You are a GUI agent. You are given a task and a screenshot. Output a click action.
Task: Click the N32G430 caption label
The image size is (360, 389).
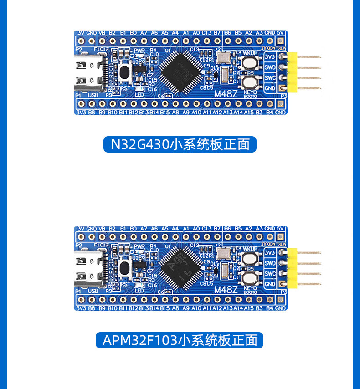coord(180,144)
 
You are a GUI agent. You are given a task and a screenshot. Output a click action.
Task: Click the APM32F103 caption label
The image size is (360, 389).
coord(180,340)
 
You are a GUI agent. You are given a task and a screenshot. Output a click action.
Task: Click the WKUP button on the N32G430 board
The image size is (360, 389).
coord(250,64)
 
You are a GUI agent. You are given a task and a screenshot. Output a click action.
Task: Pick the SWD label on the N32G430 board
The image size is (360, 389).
coord(270,67)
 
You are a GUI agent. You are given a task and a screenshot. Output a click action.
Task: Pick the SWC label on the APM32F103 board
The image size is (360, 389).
coord(270,274)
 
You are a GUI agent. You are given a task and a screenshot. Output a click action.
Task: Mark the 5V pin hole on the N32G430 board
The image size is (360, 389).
coord(280,41)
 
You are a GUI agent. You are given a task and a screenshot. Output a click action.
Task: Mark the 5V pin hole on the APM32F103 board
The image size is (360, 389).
coord(280,236)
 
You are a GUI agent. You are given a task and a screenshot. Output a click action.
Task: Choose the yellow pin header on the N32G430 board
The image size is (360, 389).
coord(292,72)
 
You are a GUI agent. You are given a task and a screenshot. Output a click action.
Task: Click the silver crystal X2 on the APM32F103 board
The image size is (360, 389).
coord(223,254)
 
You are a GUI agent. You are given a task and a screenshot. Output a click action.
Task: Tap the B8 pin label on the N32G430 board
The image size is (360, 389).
coord(92,112)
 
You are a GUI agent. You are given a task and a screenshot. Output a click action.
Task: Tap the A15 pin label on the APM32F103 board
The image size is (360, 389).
coord(249,308)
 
